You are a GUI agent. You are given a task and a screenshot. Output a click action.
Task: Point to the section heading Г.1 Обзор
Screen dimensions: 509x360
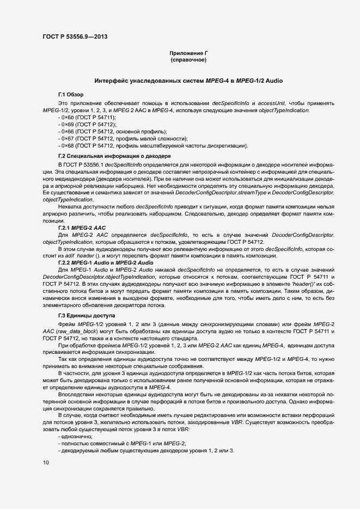click(x=70, y=95)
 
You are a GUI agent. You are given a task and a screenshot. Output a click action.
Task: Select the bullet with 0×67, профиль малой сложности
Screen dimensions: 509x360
click(x=122, y=139)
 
